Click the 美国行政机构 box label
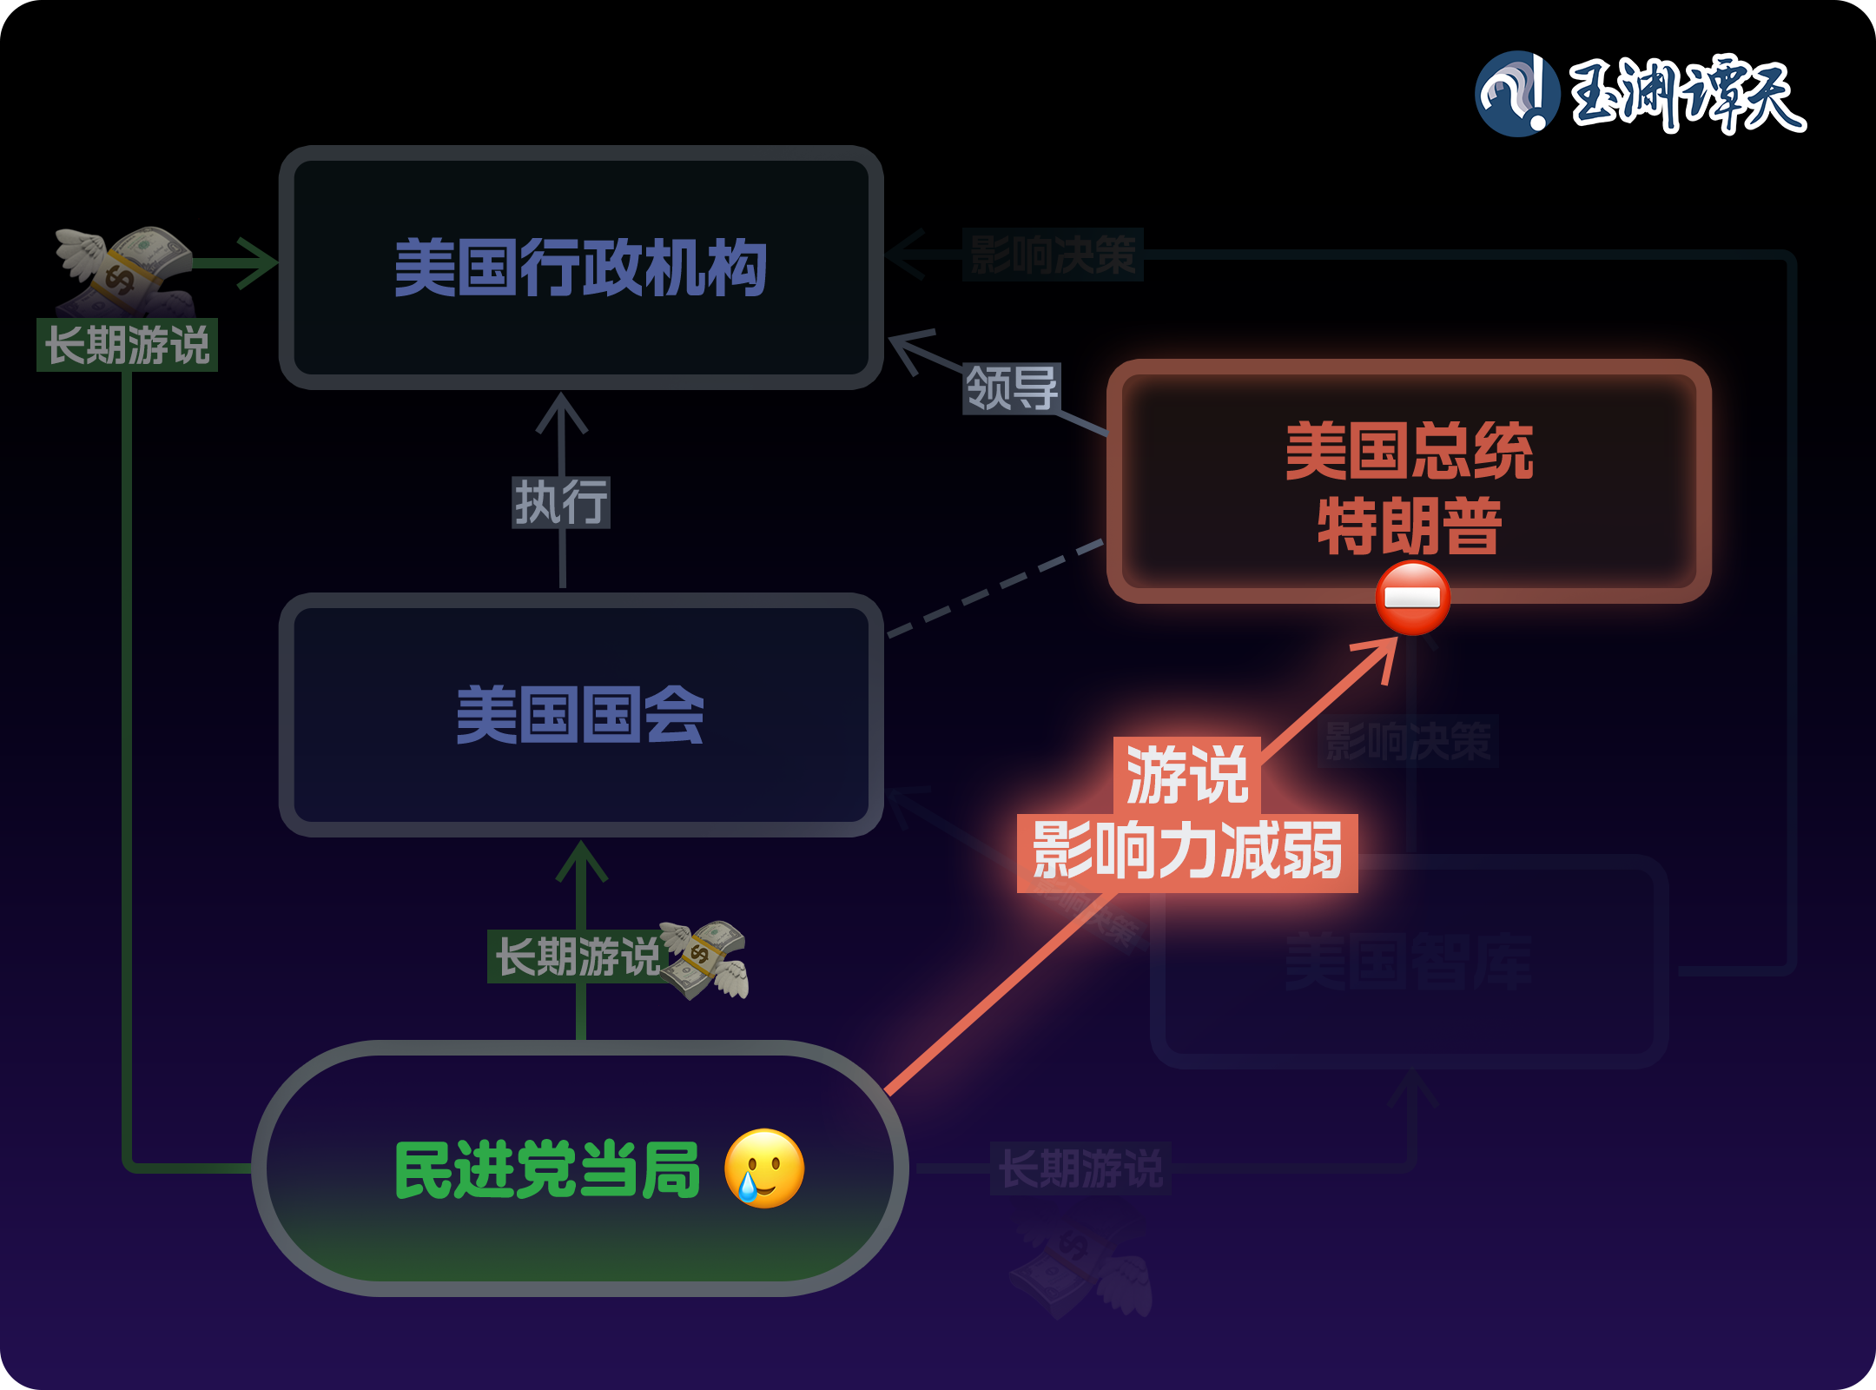(580, 268)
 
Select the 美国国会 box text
(580, 715)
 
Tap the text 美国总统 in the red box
(1409, 452)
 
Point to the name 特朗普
(1409, 526)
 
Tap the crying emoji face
(764, 1168)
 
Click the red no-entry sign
(1412, 598)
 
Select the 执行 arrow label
(561, 502)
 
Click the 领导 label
(1012, 387)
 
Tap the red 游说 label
(1187, 775)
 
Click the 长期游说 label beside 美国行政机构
(127, 345)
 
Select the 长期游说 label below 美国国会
(577, 956)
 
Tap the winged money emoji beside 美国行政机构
(127, 268)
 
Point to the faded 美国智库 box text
(1409, 962)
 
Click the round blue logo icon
(1516, 94)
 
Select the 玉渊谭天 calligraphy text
(1687, 94)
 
